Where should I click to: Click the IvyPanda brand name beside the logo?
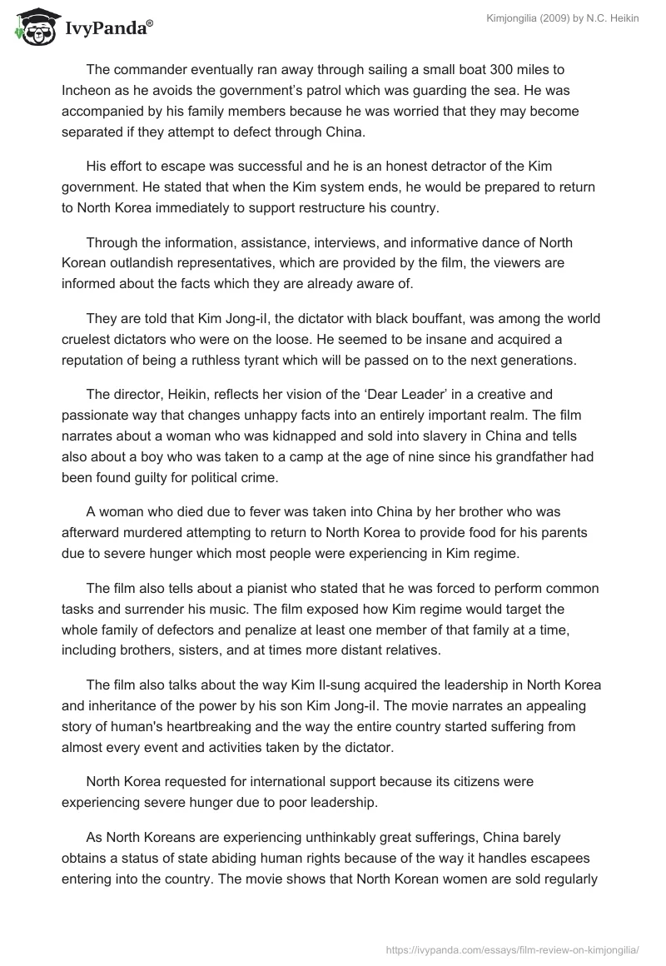tap(107, 29)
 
